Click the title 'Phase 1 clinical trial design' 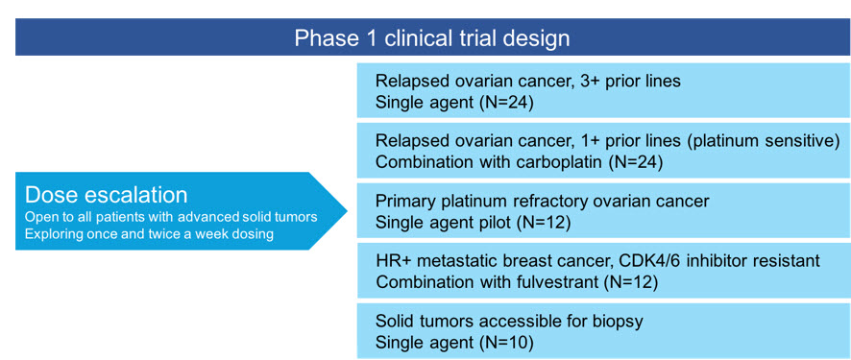[x=432, y=38]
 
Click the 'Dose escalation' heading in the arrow [x=107, y=195]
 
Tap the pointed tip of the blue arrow [x=347, y=210]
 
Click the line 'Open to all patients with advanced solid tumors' [x=171, y=219]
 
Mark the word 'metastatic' [x=455, y=261]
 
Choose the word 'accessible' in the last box [x=519, y=322]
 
